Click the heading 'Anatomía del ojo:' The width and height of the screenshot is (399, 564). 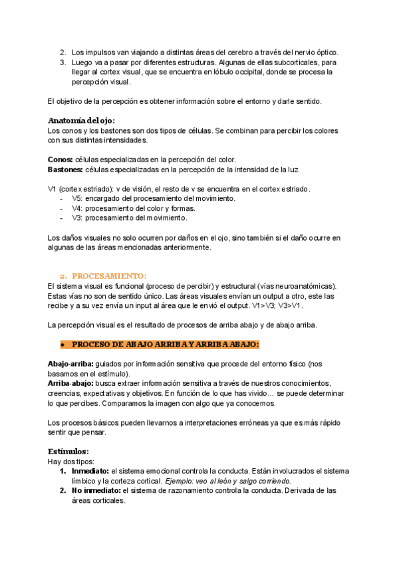pos(81,120)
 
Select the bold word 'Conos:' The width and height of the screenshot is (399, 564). pos(61,160)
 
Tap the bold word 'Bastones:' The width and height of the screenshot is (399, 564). pos(65,170)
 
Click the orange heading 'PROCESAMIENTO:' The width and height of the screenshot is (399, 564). pos(109,275)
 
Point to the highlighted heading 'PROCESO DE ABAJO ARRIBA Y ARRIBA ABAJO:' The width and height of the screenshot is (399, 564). pos(165,345)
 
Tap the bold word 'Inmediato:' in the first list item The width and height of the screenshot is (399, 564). pos(90,471)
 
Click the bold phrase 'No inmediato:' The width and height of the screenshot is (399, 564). pos(96,491)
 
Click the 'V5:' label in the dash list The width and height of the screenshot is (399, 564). pos(77,198)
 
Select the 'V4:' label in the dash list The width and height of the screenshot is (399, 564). pos(77,208)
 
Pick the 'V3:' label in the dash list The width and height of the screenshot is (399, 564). pos(77,217)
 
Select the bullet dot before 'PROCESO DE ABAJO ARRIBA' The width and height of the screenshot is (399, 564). pos(61,345)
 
